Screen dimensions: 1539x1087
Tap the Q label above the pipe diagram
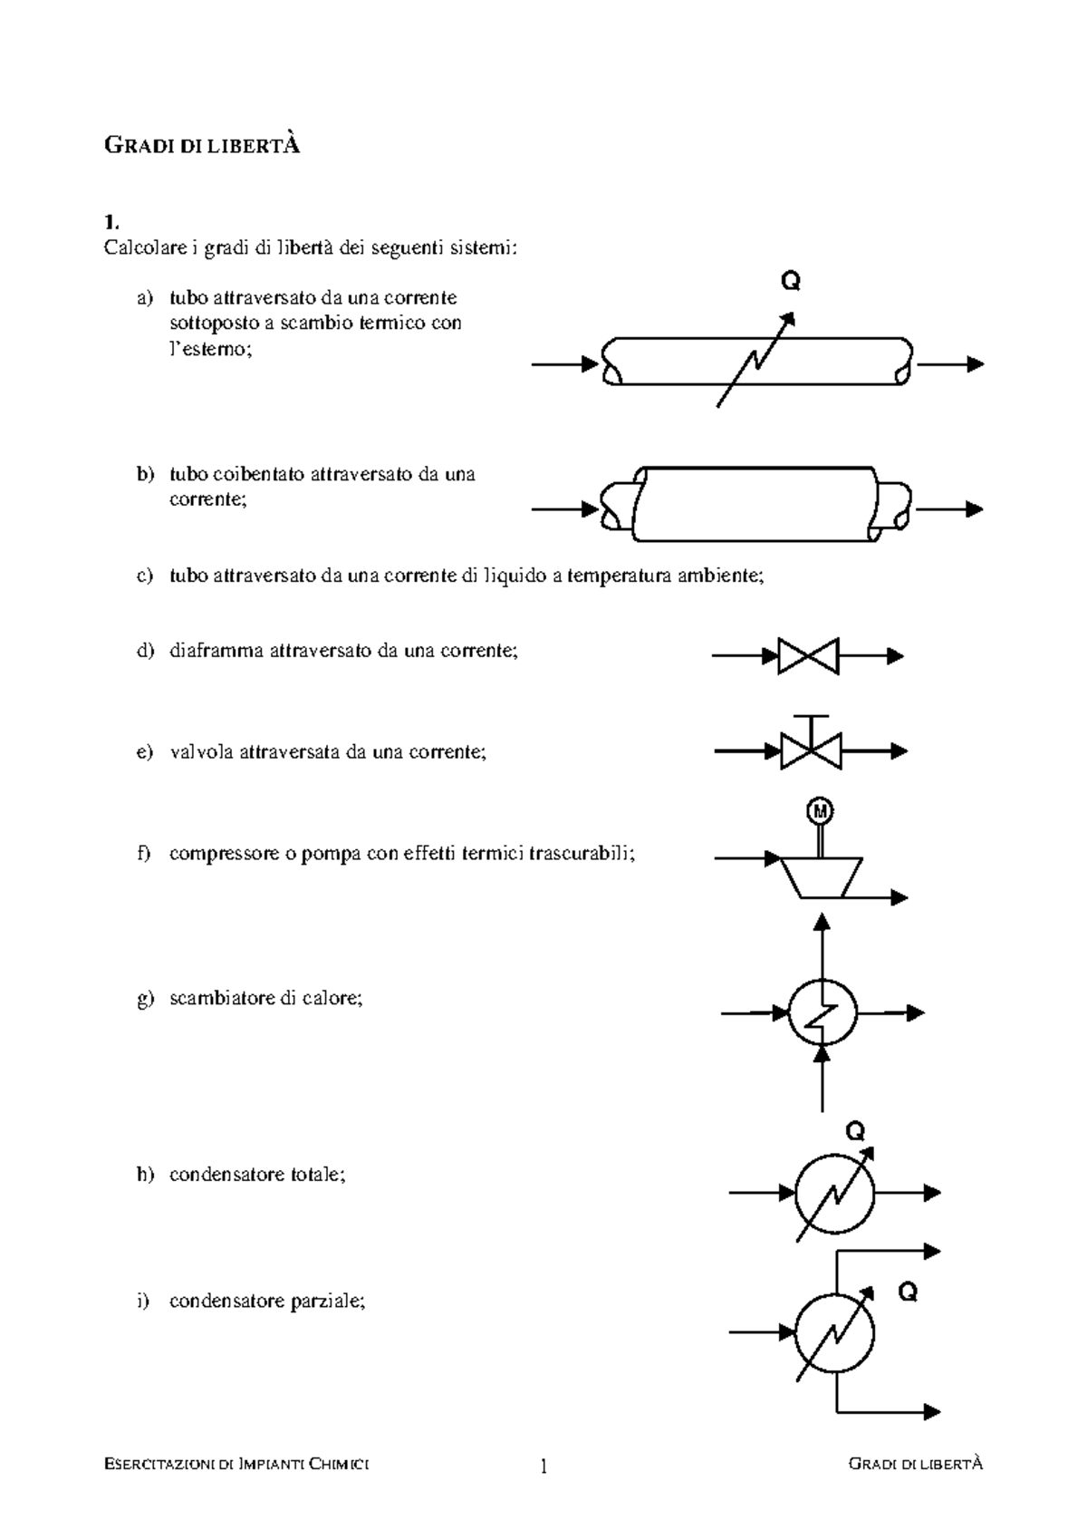(x=790, y=282)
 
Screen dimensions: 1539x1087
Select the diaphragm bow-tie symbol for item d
(x=808, y=656)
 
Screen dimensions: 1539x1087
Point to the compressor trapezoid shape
(x=821, y=876)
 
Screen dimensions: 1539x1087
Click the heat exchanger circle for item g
(x=822, y=1012)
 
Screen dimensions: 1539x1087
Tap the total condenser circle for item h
(x=834, y=1194)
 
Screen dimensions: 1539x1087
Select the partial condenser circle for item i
(x=834, y=1332)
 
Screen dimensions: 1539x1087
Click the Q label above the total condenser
(x=855, y=1131)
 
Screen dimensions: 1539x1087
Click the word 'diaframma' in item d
(x=216, y=651)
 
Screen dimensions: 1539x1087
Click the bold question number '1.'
(x=111, y=222)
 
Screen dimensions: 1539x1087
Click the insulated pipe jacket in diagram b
(x=756, y=504)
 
